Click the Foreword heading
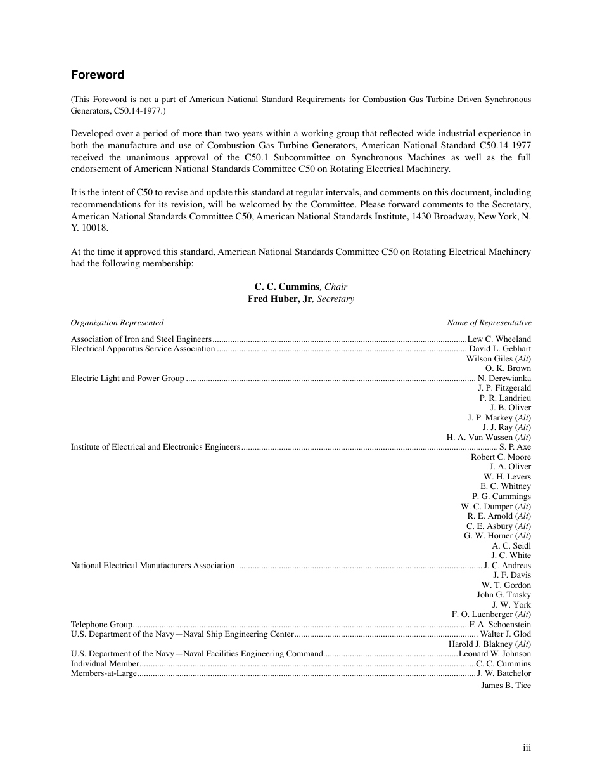[x=98, y=75]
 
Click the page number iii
[x=527, y=748]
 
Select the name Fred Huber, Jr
[x=279, y=299]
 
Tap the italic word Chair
[x=336, y=287]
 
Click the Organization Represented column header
[x=117, y=323]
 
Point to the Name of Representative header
[x=489, y=323]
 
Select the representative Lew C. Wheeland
[x=499, y=339]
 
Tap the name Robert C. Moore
[x=501, y=457]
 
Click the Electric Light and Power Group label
[x=127, y=379]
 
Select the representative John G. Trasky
[x=504, y=595]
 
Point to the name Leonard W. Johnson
[x=495, y=654]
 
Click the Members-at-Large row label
[x=104, y=673]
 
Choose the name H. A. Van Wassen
[x=480, y=438]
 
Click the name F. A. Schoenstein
[x=500, y=625]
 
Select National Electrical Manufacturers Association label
[x=153, y=566]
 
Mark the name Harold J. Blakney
[x=480, y=644]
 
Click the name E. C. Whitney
[x=506, y=486]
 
